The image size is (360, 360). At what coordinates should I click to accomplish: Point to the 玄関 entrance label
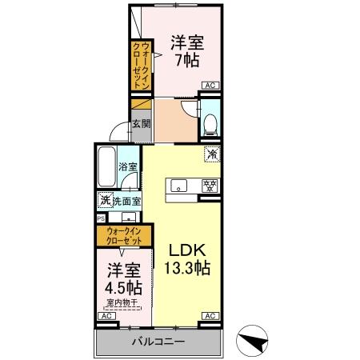point(140,123)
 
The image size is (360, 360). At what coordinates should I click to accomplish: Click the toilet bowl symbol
point(210,123)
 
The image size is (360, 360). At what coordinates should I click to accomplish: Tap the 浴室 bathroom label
point(128,166)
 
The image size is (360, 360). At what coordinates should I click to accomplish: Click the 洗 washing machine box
point(104,201)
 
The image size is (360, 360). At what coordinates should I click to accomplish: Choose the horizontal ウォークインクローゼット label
point(122,236)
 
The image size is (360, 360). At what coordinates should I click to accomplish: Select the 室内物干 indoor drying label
point(121,302)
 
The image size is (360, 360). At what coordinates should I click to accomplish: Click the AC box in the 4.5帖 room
point(104,317)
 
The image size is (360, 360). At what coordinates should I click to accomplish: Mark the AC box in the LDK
point(210,317)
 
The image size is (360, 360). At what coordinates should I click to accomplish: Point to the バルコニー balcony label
point(158,342)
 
